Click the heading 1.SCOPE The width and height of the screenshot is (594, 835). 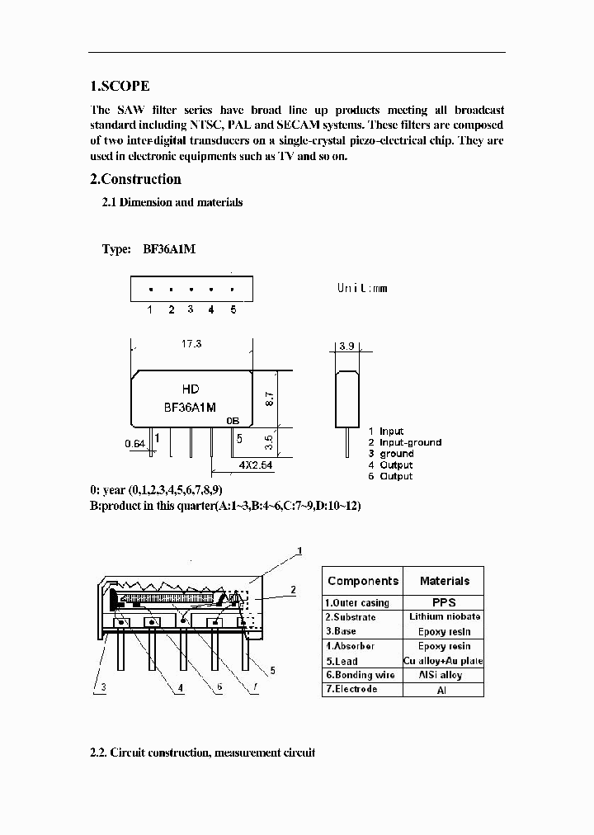[120, 87]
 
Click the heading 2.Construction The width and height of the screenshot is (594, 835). [135, 179]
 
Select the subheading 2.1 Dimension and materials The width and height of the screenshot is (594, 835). [172, 202]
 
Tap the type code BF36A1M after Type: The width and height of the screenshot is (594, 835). [169, 249]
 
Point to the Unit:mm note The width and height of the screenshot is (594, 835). [361, 288]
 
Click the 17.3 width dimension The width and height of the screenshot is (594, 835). [191, 343]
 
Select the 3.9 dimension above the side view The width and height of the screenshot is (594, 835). [346, 347]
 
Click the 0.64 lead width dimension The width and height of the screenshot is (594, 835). [135, 444]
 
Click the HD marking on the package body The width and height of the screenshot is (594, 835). [190, 389]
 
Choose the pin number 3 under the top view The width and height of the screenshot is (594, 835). [190, 309]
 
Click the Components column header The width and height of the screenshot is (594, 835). [362, 581]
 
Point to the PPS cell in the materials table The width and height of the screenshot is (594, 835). [444, 602]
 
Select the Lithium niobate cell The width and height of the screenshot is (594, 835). [445, 616]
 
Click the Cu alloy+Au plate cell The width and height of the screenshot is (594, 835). [444, 661]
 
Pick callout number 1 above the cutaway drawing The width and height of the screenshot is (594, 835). [299, 550]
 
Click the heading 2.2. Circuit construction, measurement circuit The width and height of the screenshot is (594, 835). [202, 752]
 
